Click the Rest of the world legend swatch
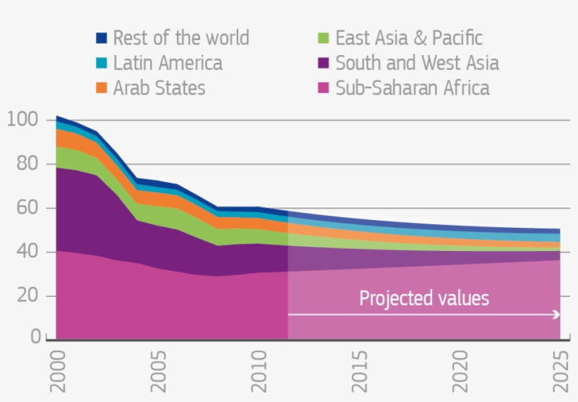(x=102, y=38)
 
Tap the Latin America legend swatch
(x=102, y=63)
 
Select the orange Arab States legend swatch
(x=102, y=89)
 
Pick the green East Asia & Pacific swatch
(x=324, y=38)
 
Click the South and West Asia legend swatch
(x=324, y=63)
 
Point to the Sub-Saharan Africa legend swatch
(x=324, y=89)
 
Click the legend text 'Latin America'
(x=168, y=63)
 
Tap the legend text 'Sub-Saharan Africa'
(x=412, y=89)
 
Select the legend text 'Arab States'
(x=159, y=89)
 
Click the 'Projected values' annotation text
(x=424, y=298)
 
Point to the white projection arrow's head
(x=558, y=315)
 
